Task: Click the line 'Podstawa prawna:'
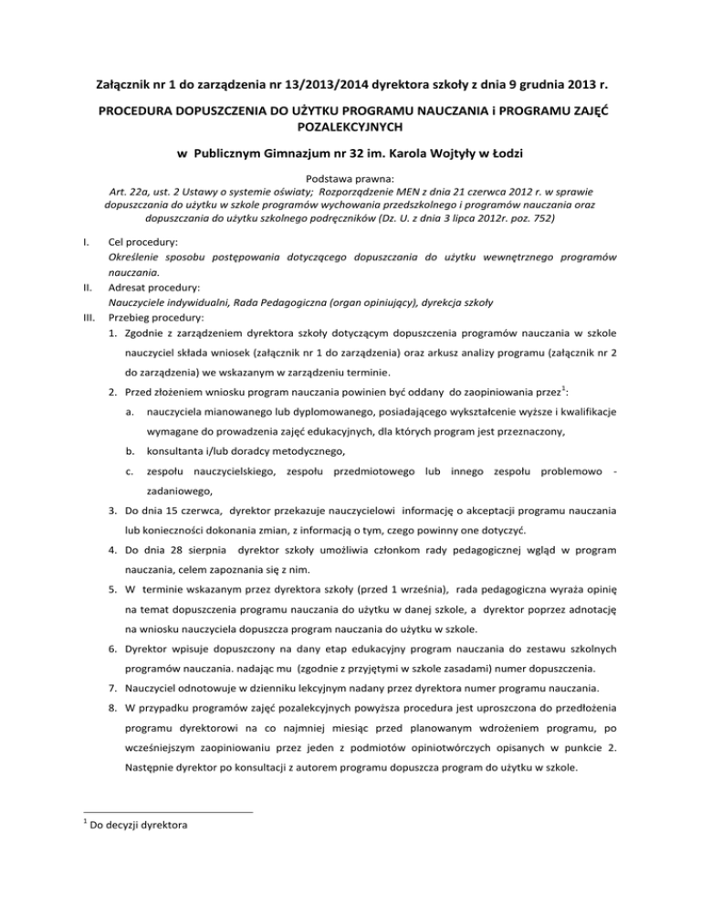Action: pyautogui.click(x=350, y=207)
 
